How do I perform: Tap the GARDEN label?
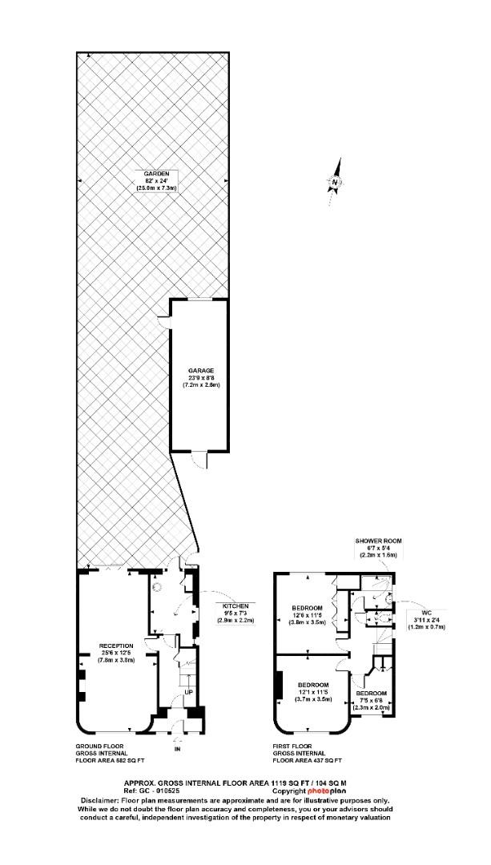[x=155, y=174]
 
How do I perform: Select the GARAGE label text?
[x=200, y=371]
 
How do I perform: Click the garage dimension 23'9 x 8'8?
[x=200, y=378]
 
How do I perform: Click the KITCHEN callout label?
[x=236, y=605]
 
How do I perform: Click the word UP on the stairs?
[x=188, y=690]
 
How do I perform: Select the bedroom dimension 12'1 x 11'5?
[x=313, y=692]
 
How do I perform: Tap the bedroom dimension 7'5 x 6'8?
[x=372, y=700]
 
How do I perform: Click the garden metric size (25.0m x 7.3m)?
[x=155, y=188]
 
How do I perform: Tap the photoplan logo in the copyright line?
[x=328, y=791]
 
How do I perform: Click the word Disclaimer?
[x=102, y=800]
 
